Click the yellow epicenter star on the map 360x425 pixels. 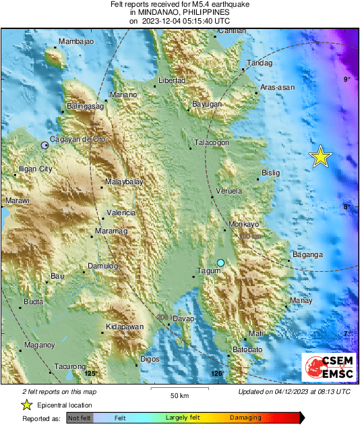point(322,157)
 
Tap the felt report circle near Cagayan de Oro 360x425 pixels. point(45,145)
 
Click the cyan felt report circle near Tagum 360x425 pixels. point(220,262)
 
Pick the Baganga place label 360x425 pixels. point(307,255)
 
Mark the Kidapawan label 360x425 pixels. point(126,327)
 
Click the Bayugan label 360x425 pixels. point(207,105)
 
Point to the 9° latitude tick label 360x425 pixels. point(347,80)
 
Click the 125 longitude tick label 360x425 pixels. point(90,373)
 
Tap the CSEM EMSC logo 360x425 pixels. point(328,368)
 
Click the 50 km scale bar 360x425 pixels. point(179,389)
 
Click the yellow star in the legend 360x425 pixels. point(26,405)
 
